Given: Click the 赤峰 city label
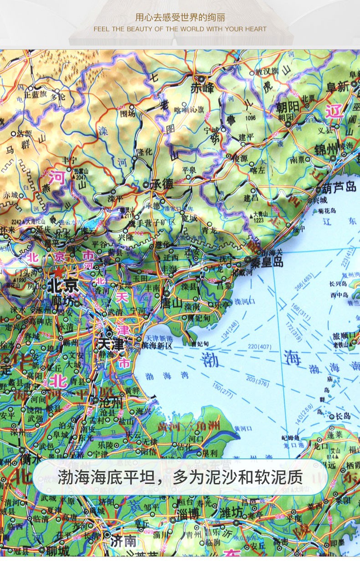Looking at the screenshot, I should click(202, 87).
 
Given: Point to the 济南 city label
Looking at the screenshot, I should click(123, 541).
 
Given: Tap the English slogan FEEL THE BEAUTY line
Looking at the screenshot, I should click(180, 29).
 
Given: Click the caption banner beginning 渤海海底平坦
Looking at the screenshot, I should click(180, 477).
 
